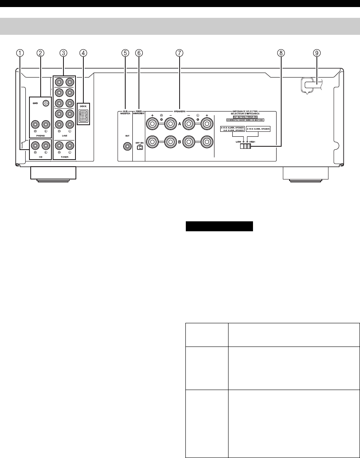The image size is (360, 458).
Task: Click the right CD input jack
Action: tap(35, 145)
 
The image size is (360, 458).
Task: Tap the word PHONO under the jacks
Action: tap(40, 134)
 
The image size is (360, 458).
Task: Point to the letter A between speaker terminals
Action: tap(180, 123)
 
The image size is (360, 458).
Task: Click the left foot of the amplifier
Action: tap(53, 174)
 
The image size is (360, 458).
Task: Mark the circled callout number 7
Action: tap(179, 53)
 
